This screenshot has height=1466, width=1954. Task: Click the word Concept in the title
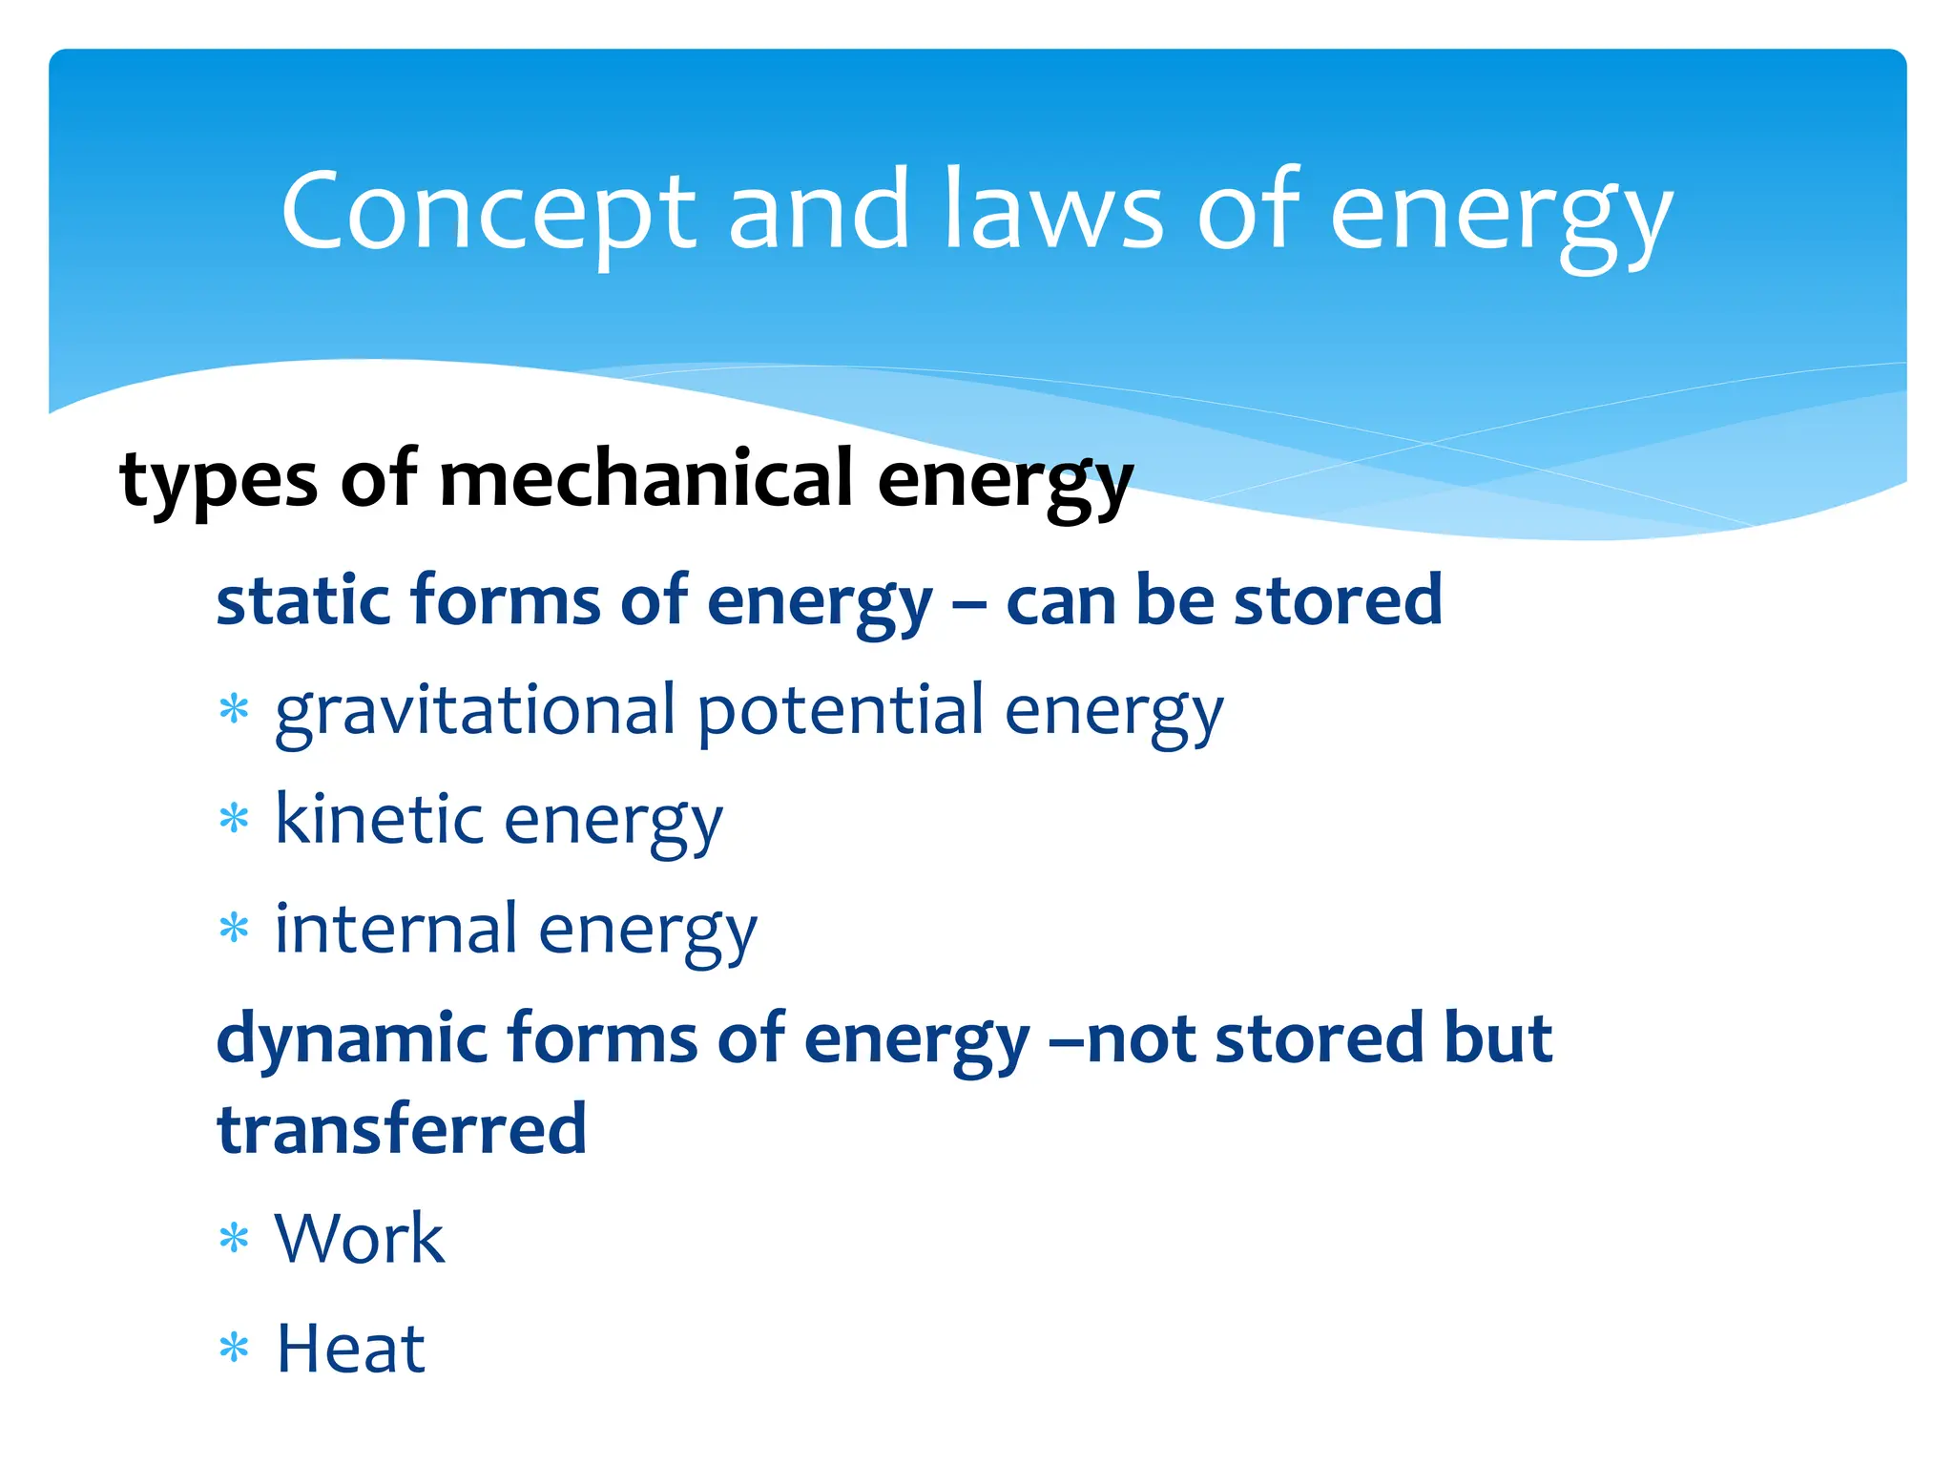pos(488,212)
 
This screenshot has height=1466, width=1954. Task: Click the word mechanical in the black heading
pos(646,479)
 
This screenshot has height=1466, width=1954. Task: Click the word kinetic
pos(379,820)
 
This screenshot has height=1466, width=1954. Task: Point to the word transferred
pos(402,1130)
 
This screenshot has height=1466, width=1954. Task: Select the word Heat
pos(350,1350)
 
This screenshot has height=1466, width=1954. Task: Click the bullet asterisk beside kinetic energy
pos(234,819)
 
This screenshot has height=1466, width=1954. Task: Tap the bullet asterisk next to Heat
pos(234,1349)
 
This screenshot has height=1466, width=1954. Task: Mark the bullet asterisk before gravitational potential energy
pos(234,710)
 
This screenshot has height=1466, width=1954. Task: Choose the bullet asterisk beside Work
pos(234,1239)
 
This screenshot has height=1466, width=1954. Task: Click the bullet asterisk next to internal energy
pos(234,928)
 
